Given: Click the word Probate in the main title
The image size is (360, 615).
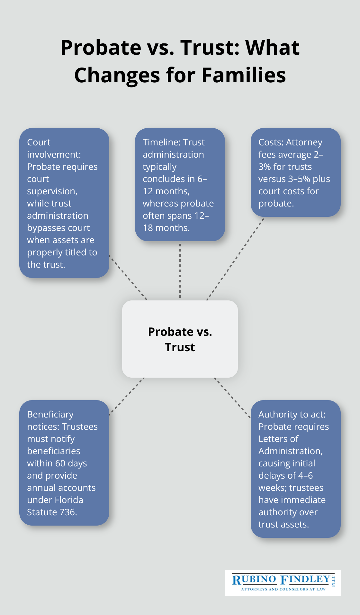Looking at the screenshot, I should (x=101, y=48).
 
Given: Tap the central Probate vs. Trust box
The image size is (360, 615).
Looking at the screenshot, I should (x=180, y=339).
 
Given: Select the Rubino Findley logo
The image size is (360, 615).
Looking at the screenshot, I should (x=283, y=583).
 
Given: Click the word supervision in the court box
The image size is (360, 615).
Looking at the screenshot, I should (x=52, y=191).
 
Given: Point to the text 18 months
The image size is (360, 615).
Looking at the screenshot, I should (x=166, y=228).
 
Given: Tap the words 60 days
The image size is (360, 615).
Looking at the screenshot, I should (x=71, y=464).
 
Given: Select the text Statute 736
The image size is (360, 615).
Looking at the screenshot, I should (x=52, y=512).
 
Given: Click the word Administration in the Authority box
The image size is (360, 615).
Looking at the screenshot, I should (x=290, y=451).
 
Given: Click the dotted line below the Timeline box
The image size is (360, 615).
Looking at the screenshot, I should (x=180, y=270).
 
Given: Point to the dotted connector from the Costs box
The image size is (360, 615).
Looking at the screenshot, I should (x=235, y=259).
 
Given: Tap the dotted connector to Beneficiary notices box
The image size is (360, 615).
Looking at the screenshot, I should (x=127, y=396).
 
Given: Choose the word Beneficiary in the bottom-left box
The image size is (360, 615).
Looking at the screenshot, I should (x=50, y=415).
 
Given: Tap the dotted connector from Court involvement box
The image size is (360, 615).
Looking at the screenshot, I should (x=128, y=278).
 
